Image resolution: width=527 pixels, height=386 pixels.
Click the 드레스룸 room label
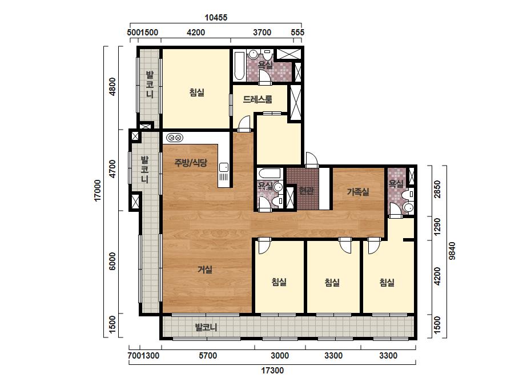[258, 99]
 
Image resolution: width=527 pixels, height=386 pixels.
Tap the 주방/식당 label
[191, 163]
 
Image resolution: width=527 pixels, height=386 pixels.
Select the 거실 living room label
[204, 270]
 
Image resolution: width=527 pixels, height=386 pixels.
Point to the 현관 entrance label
[306, 191]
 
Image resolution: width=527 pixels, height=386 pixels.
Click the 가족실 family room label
[358, 192]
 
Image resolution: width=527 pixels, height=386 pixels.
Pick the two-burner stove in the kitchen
[175, 138]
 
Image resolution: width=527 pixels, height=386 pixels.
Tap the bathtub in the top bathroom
[239, 66]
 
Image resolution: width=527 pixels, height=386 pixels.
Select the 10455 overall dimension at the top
[216, 18]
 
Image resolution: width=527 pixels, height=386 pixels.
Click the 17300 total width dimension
[272, 371]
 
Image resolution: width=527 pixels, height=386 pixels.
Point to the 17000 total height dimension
[98, 191]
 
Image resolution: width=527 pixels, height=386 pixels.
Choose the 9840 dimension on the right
[452, 251]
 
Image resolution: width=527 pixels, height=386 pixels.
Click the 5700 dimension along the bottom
[208, 356]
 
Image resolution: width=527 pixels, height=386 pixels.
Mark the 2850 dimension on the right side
[437, 190]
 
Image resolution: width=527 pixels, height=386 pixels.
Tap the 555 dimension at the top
[297, 33]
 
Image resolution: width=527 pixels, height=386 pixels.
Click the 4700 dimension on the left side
[112, 169]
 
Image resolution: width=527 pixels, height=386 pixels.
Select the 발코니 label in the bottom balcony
[206, 327]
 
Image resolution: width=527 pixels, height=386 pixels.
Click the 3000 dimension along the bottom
[280, 356]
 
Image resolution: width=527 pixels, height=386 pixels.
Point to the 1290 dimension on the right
[437, 227]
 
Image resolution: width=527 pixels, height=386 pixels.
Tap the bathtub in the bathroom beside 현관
[269, 174]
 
